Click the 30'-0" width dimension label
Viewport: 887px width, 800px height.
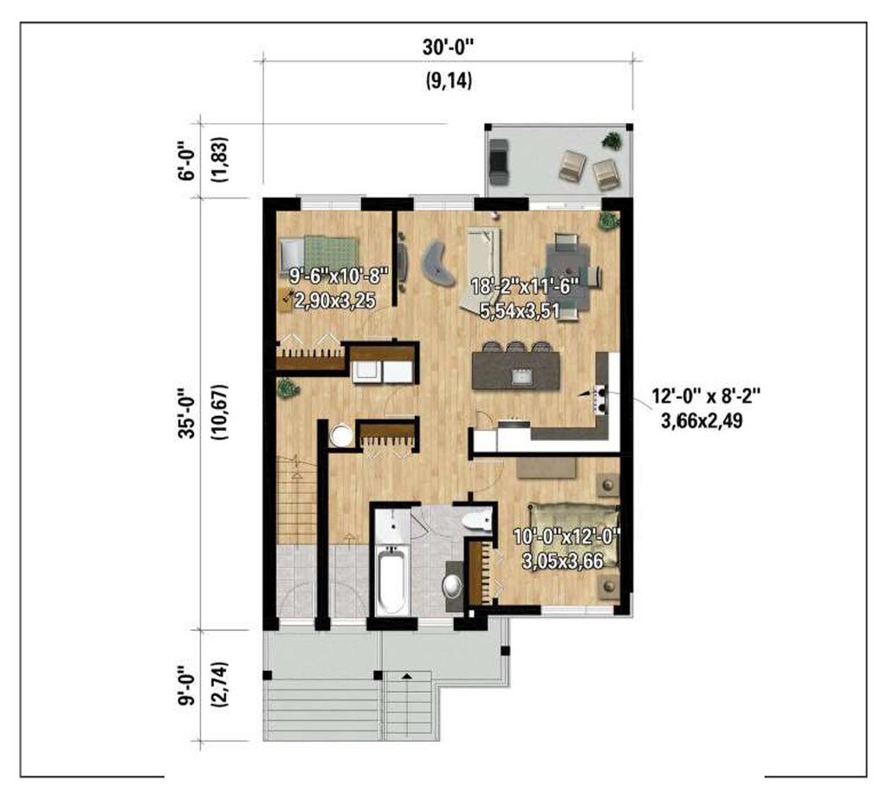coord(448,47)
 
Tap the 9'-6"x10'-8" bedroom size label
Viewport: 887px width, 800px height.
coord(339,276)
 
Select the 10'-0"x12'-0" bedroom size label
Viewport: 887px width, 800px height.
coord(567,535)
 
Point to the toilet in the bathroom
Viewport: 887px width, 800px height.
coord(476,519)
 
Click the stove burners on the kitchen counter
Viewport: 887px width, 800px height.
coord(599,397)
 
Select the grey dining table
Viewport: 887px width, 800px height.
coord(567,275)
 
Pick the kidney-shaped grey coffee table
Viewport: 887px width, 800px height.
coord(438,263)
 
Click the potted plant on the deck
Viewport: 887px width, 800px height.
coord(611,140)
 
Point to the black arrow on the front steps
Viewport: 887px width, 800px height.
coord(407,675)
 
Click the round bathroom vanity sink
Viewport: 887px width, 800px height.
coord(452,585)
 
